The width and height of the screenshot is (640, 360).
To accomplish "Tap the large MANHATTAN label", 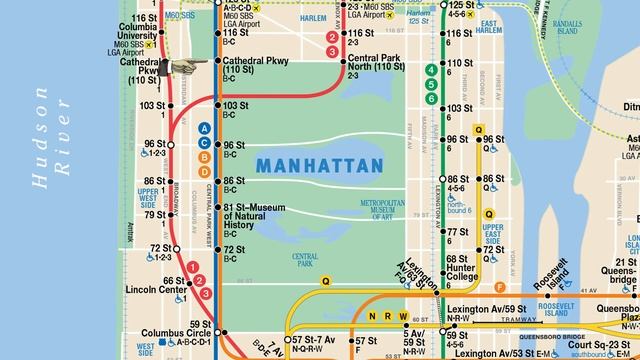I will coord(319,163).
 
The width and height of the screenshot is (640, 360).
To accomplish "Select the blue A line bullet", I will coord(204,127).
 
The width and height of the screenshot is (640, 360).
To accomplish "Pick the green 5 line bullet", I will coord(431,84).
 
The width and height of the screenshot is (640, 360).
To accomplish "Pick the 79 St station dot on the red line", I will coord(170,214).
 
